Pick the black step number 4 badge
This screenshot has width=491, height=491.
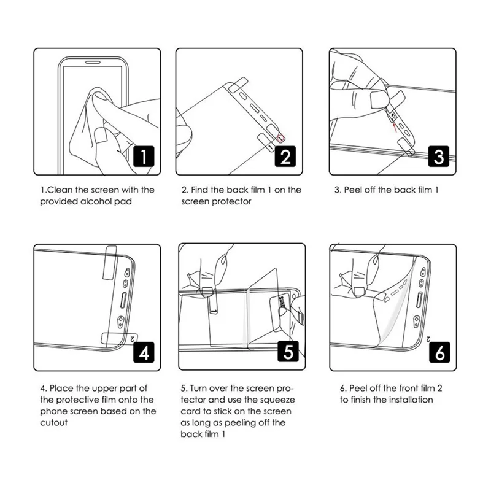click(x=143, y=353)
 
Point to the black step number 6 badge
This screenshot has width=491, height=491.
click(x=438, y=353)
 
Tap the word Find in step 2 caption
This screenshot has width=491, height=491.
click(x=202, y=190)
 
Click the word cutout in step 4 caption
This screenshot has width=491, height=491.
click(x=53, y=423)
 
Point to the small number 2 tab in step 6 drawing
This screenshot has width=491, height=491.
click(x=425, y=336)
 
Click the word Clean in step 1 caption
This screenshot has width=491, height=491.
click(x=60, y=190)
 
